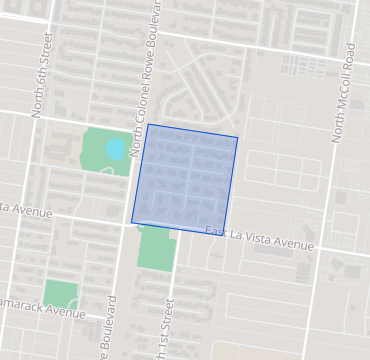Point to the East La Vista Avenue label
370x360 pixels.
click(259, 239)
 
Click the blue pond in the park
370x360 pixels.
click(115, 150)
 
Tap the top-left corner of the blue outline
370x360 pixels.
click(148, 124)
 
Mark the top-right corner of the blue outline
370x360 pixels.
click(238, 137)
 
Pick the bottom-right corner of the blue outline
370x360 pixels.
click(223, 235)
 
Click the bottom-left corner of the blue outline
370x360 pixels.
click(131, 222)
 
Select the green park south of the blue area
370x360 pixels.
click(157, 247)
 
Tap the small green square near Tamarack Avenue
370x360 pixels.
click(61, 294)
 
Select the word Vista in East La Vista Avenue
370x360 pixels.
click(262, 239)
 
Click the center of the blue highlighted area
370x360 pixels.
click(185, 180)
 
